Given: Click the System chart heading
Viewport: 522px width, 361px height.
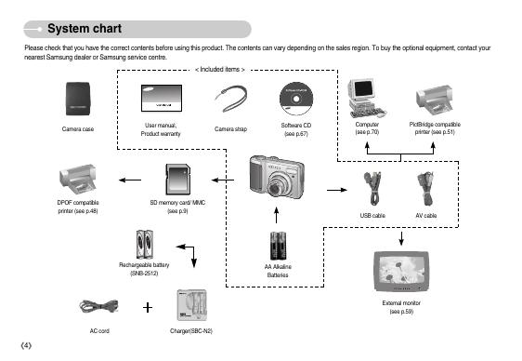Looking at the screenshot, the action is [85, 29].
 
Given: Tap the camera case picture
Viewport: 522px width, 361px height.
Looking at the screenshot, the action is [78, 99].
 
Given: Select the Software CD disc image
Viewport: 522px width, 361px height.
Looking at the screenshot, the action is [296, 99].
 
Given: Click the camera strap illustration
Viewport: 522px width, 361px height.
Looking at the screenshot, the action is [230, 99].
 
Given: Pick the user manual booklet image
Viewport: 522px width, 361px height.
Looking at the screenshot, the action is [162, 98].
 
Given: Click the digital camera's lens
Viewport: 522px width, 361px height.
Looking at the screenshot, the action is [275, 189].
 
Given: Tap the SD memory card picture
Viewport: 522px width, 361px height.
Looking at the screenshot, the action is [177, 180].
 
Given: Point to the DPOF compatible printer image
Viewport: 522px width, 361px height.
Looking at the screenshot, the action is [78, 179].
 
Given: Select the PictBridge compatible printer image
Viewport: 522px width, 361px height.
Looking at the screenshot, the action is [434, 100].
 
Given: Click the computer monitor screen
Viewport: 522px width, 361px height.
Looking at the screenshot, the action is [363, 88].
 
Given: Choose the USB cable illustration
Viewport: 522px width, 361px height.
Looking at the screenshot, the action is [372, 188].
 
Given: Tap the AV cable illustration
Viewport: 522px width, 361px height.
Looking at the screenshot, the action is [425, 188].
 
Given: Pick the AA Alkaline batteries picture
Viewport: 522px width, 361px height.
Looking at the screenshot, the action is [278, 246].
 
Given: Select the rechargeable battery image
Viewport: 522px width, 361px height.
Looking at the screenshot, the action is [145, 245].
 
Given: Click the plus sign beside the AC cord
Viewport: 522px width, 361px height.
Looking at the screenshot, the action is [148, 307].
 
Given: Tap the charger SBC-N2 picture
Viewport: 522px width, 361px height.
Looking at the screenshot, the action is [191, 305].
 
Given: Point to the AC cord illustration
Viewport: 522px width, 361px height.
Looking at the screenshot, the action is [98, 306].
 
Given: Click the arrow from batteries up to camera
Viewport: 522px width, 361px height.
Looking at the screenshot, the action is [276, 215].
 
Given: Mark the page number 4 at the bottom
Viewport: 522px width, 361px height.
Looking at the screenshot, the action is [26, 346].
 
